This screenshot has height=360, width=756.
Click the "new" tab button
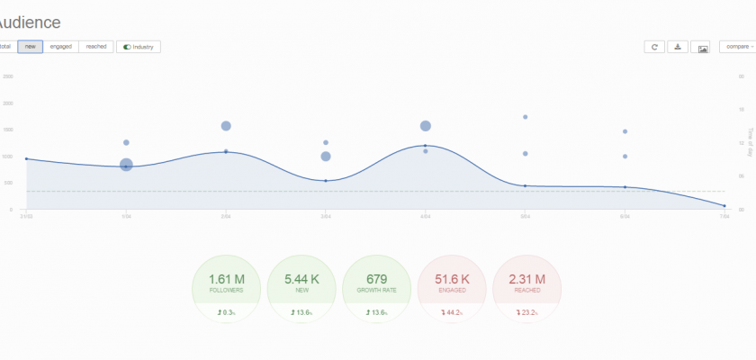click(x=30, y=46)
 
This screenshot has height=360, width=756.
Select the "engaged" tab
click(x=61, y=46)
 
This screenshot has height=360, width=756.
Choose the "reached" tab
click(x=96, y=46)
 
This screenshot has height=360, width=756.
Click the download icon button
click(x=678, y=47)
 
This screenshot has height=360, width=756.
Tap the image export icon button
click(x=703, y=47)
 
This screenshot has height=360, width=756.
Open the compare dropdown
click(x=737, y=46)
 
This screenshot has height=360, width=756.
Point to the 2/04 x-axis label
click(x=226, y=215)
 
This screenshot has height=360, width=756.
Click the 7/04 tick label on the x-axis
click(x=724, y=215)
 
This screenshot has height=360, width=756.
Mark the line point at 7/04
click(x=724, y=206)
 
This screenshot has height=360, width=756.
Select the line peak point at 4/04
click(x=426, y=145)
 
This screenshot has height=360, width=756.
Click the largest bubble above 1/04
click(x=126, y=165)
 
